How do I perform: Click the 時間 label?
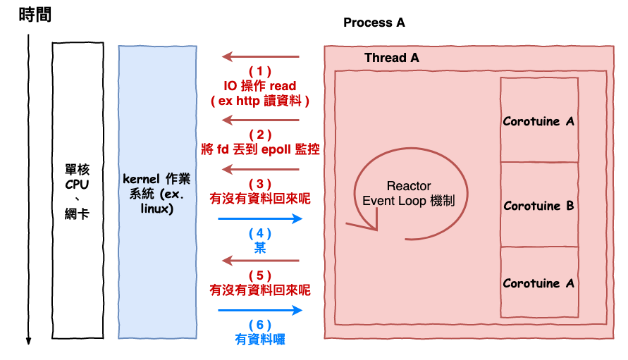[35, 15]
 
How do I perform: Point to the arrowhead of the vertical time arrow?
[29, 340]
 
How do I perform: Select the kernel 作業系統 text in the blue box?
[156, 190]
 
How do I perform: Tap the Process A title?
[374, 23]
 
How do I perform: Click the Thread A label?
[391, 58]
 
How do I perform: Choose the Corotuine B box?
[538, 205]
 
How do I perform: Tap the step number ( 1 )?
[260, 71]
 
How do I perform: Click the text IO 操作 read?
[260, 86]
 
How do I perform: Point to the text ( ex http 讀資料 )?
[260, 101]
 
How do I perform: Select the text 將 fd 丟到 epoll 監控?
[260, 149]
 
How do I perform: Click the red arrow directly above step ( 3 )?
[260, 169]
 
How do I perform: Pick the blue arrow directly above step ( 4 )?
[260, 218]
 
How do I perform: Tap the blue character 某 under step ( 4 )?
[260, 247]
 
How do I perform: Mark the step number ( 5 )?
[260, 275]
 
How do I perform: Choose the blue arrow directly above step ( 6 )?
[260, 310]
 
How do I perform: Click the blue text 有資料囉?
[260, 339]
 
